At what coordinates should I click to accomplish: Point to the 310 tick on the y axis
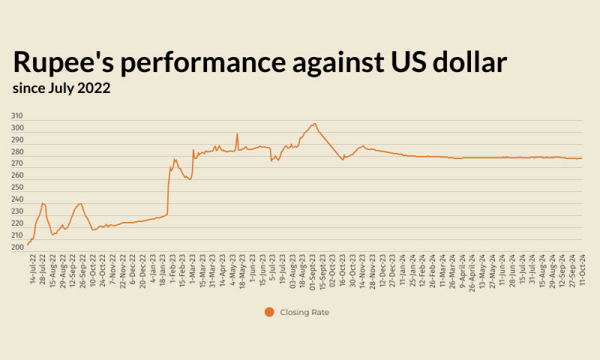tap(16, 117)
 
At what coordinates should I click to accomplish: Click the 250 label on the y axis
tap(16, 187)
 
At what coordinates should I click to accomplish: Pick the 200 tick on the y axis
tap(16, 247)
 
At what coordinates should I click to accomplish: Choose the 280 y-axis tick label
tap(16, 152)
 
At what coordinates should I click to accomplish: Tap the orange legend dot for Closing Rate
tap(269, 312)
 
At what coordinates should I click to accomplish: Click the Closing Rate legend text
tap(304, 312)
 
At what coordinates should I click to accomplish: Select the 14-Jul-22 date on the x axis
tap(32, 267)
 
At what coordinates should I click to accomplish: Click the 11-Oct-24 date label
tap(581, 267)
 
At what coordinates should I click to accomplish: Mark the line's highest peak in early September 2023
tap(315, 124)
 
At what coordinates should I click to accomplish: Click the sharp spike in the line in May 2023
tap(237, 134)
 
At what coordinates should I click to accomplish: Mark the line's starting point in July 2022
tap(28, 244)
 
